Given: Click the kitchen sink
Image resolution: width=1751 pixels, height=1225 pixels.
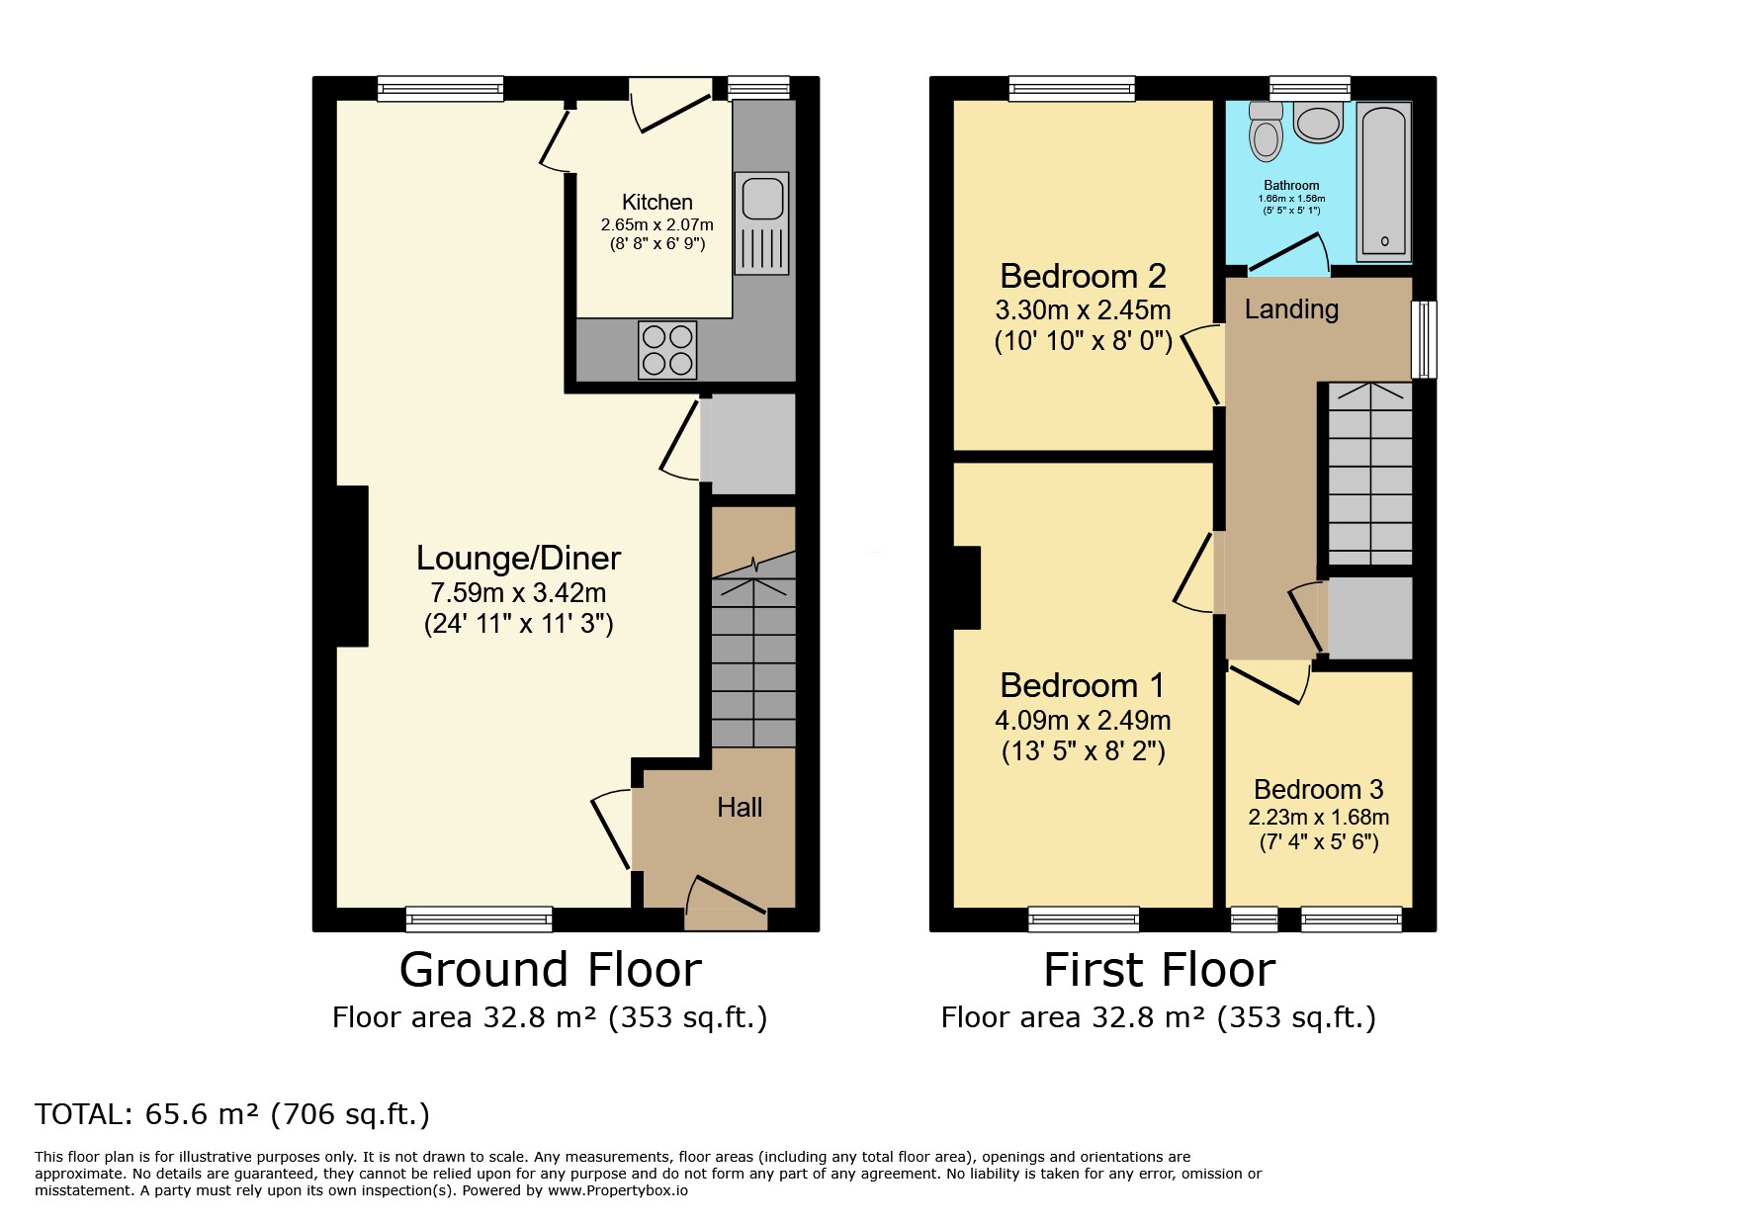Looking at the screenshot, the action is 762,223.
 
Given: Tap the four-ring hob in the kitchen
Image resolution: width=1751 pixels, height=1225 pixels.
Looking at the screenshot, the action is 667,350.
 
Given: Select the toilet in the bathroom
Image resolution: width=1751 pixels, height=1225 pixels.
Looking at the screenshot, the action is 1266,131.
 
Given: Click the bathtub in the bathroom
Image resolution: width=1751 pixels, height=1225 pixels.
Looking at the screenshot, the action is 1384,181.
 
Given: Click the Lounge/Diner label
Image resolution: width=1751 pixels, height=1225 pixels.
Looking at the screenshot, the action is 518,558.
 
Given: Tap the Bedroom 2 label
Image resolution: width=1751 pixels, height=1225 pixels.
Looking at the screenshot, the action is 1083,275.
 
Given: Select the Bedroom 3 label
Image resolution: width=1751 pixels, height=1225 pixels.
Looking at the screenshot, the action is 1318,789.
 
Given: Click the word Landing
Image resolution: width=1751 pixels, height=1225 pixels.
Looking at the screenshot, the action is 1291,309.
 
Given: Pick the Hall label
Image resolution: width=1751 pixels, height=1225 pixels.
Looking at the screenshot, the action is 740,808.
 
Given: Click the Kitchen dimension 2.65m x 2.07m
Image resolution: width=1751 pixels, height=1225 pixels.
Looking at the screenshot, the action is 657,225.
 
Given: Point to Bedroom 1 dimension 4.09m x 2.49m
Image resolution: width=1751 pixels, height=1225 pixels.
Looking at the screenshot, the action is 1083,721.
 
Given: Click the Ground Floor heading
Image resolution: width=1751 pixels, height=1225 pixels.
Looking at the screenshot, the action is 551,970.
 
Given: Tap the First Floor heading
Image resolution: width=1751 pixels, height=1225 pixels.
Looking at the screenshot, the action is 1160,970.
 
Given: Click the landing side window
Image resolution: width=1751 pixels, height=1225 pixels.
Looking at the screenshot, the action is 1424,339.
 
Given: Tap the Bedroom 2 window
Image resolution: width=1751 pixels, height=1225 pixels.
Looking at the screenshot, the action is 1072,89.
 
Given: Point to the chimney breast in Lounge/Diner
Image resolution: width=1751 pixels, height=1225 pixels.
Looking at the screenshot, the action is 352,567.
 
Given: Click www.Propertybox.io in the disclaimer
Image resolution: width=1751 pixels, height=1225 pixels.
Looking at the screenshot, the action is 618,1191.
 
